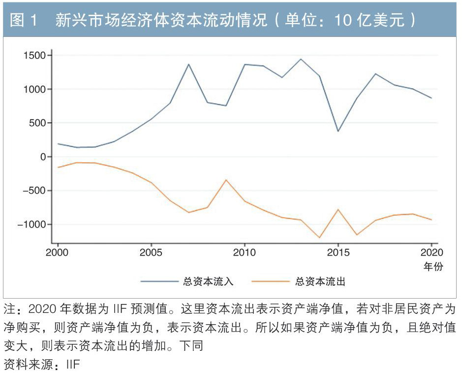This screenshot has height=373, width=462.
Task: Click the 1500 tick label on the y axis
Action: (x=33, y=56)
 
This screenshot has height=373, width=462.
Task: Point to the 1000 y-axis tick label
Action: (x=33, y=89)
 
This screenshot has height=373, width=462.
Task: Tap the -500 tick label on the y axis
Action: (x=32, y=191)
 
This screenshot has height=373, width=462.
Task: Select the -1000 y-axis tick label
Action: (x=30, y=224)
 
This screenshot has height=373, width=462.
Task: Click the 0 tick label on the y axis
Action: (x=43, y=157)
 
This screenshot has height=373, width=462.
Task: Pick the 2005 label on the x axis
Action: (x=151, y=253)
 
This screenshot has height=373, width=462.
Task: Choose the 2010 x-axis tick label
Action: (x=244, y=253)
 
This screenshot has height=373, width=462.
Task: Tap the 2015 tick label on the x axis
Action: (x=338, y=253)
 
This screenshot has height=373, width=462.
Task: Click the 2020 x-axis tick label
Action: (x=431, y=253)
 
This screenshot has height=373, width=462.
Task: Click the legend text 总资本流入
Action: (x=208, y=282)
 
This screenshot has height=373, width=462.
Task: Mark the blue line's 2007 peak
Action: (x=188, y=64)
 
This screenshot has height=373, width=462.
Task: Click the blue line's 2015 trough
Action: (x=338, y=131)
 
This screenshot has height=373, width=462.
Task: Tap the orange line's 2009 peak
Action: (x=226, y=180)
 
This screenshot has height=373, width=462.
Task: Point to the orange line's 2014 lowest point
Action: (x=319, y=237)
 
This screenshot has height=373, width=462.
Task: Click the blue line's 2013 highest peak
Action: (x=301, y=59)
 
